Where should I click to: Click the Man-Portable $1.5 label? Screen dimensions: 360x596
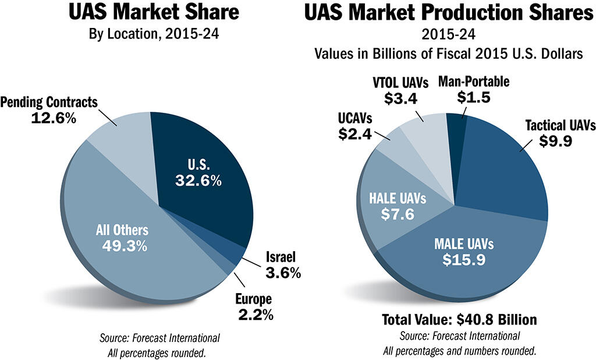click(473, 89)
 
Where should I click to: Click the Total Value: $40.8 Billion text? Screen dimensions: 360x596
click(459, 320)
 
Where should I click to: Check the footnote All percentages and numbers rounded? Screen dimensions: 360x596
click(459, 351)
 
